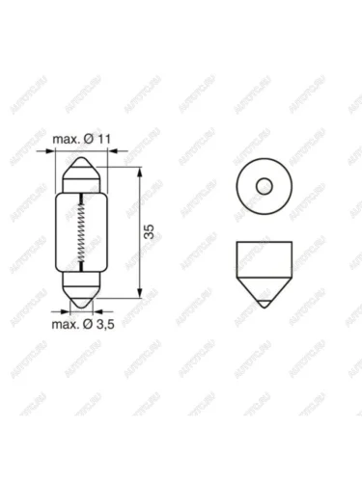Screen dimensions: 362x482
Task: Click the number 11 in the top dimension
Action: coord(103,139)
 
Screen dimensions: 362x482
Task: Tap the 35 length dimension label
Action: coord(150,231)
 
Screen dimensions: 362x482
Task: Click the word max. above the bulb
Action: coord(66,140)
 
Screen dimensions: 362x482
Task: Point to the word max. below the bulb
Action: coord(66,325)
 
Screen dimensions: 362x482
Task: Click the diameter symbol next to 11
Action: coord(89,139)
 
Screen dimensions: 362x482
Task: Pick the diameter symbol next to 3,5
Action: coord(88,325)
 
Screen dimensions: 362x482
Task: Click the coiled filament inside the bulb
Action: coord(82,232)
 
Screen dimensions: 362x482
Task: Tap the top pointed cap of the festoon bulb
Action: coord(82,168)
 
